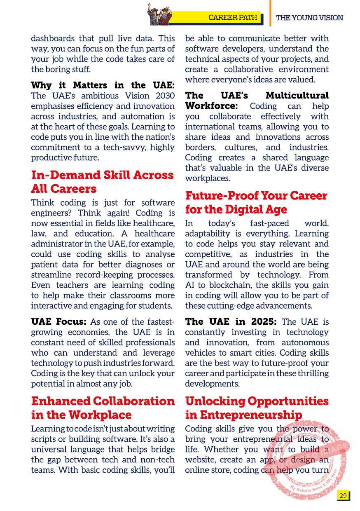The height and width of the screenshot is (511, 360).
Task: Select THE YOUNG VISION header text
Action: pos(309,18)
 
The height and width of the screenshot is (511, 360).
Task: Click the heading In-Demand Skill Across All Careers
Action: pos(102,182)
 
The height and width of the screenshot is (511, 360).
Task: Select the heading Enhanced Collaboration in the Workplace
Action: pos(103,408)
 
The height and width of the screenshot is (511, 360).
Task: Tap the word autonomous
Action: pos(305,342)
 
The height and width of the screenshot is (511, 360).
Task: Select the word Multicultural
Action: pos(297,96)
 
